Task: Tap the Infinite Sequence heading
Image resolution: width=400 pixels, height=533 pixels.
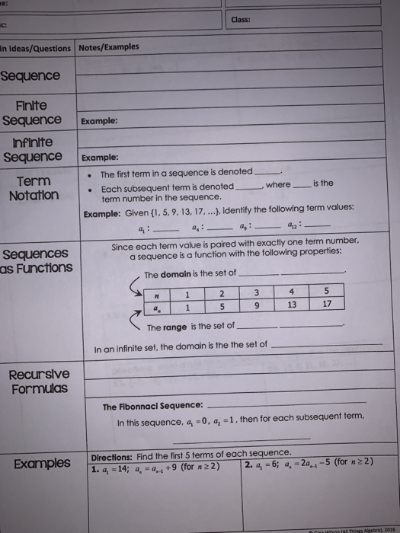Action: tap(32, 148)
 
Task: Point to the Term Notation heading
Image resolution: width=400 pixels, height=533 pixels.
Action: tap(30, 189)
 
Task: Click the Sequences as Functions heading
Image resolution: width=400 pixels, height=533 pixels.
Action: tap(37, 260)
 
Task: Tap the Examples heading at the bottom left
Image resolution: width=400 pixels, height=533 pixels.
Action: tap(39, 464)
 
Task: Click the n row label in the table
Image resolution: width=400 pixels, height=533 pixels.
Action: tap(157, 291)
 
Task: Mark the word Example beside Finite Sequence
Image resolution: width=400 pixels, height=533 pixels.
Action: tap(100, 122)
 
